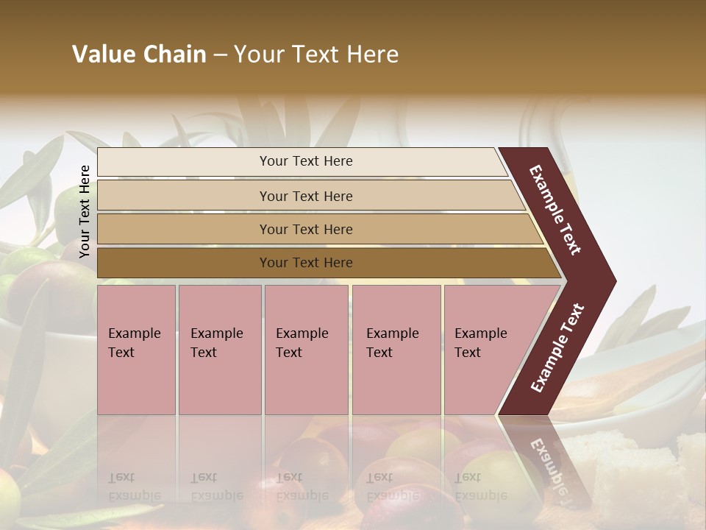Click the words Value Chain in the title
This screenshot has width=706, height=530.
139,54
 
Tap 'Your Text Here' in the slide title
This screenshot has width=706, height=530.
316,54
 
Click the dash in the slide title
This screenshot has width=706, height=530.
220,55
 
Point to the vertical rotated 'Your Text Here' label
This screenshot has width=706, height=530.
85,211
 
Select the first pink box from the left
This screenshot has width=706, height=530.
136,350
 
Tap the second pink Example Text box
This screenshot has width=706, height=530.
220,350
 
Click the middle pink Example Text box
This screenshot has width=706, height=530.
306,350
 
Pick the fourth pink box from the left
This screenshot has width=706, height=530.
396,350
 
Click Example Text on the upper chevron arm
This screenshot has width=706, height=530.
555,210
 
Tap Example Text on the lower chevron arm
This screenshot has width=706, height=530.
557,348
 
